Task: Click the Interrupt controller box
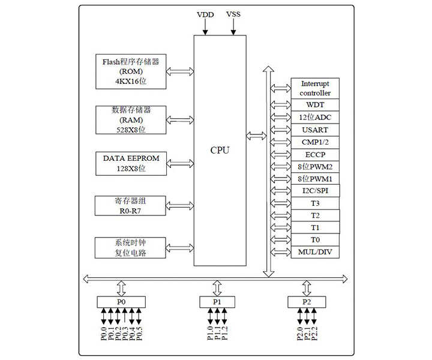pos(315,88)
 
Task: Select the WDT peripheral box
pos(315,104)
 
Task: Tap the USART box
pos(315,130)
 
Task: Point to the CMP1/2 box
pos(315,142)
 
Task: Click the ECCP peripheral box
pos(315,154)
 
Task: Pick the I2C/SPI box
pos(315,191)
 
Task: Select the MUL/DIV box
pos(315,251)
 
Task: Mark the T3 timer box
pos(315,203)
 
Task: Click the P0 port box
pos(122,302)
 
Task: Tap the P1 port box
pos(217,302)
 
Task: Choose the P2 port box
pos(307,302)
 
